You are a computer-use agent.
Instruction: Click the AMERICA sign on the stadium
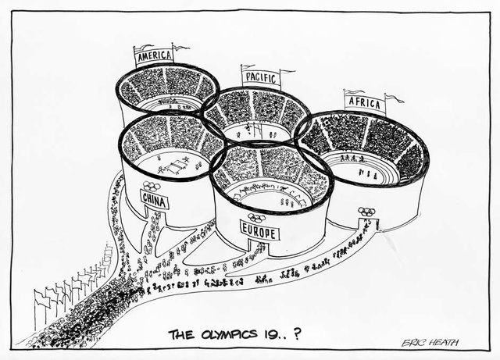click(x=153, y=56)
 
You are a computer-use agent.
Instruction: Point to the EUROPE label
click(x=258, y=231)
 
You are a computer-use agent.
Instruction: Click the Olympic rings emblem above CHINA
click(x=151, y=186)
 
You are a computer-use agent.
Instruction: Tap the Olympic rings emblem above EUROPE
click(x=256, y=219)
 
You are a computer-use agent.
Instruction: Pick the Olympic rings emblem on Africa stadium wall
click(x=366, y=211)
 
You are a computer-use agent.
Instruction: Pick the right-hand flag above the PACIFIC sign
click(x=287, y=72)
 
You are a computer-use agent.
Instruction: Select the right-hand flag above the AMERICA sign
click(x=180, y=48)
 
